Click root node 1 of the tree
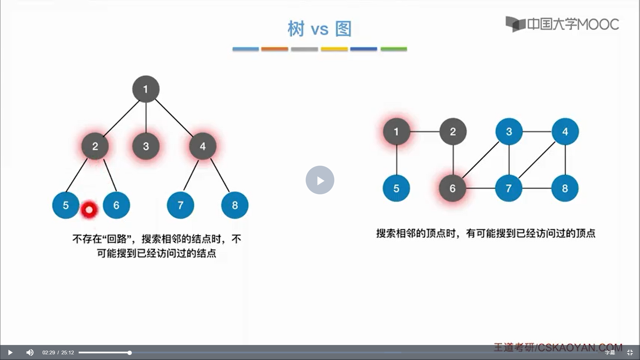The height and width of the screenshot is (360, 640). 146,89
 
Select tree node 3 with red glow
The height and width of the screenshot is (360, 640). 146,146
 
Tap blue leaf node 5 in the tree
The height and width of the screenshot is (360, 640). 66,205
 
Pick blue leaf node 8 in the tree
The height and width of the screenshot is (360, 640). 235,205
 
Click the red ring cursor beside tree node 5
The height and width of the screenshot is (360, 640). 89,210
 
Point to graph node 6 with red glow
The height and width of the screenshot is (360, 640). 452,188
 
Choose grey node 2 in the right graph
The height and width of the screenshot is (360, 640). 453,132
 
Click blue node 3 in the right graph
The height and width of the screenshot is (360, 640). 509,132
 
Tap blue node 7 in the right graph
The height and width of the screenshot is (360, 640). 509,188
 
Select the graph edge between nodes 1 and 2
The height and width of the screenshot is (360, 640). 425,132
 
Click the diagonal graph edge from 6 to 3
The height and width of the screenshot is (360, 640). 481,160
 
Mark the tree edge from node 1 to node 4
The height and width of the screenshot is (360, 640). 174,118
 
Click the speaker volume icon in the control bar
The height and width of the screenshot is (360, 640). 30,352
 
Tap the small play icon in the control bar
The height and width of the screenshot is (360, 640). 10,352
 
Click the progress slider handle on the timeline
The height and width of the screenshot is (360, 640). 129,352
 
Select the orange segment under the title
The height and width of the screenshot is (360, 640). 274,49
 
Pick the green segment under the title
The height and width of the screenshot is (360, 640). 394,49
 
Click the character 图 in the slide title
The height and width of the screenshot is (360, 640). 343,29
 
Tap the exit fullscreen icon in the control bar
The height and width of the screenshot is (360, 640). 630,352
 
